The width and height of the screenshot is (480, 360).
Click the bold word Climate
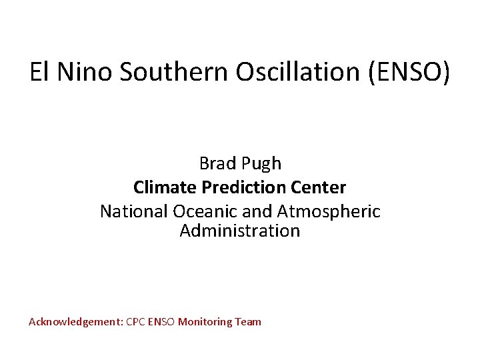[161, 187]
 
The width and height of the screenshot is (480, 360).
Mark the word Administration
[240, 231]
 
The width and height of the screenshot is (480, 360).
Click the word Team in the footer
[249, 322]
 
